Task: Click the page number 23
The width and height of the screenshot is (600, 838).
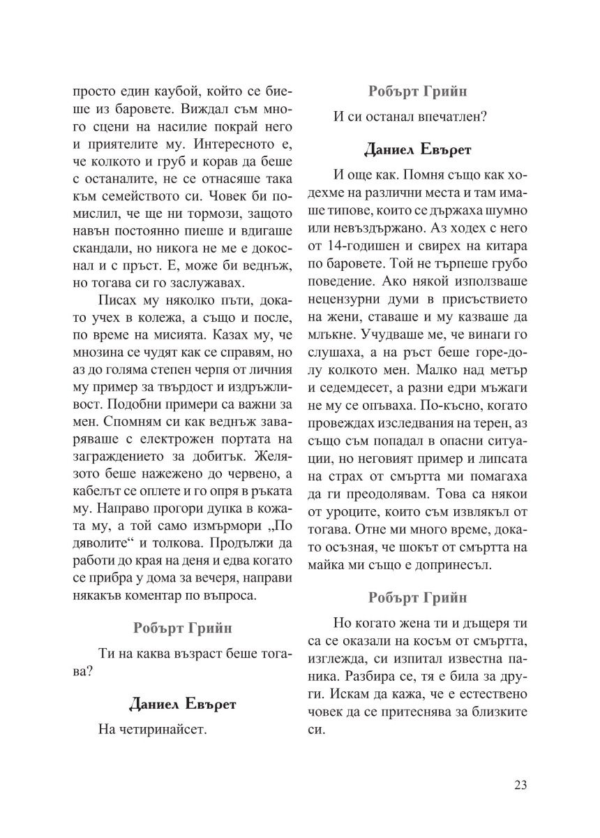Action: (520, 785)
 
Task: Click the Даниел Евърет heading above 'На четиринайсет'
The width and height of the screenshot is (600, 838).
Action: (183, 704)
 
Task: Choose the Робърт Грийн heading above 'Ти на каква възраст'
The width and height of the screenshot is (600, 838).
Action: (183, 627)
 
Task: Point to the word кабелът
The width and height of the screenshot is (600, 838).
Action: (98, 473)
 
